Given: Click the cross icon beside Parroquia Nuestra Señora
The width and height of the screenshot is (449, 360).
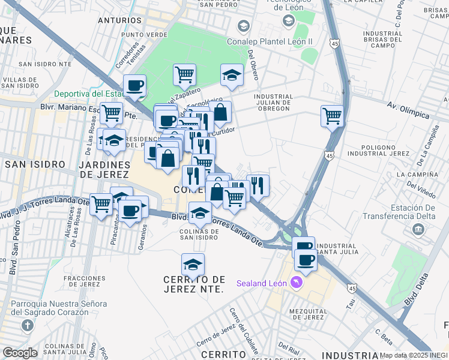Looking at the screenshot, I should click(26, 326).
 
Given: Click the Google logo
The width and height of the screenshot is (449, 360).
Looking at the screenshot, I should click(19, 353).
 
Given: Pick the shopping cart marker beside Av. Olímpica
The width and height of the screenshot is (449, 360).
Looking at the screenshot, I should click(332, 115).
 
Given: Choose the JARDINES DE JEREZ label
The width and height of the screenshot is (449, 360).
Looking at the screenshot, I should click(103, 169).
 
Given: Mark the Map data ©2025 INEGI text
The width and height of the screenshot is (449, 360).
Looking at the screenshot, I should click(414, 355).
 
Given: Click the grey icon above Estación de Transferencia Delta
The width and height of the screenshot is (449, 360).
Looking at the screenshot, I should click(418, 230).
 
